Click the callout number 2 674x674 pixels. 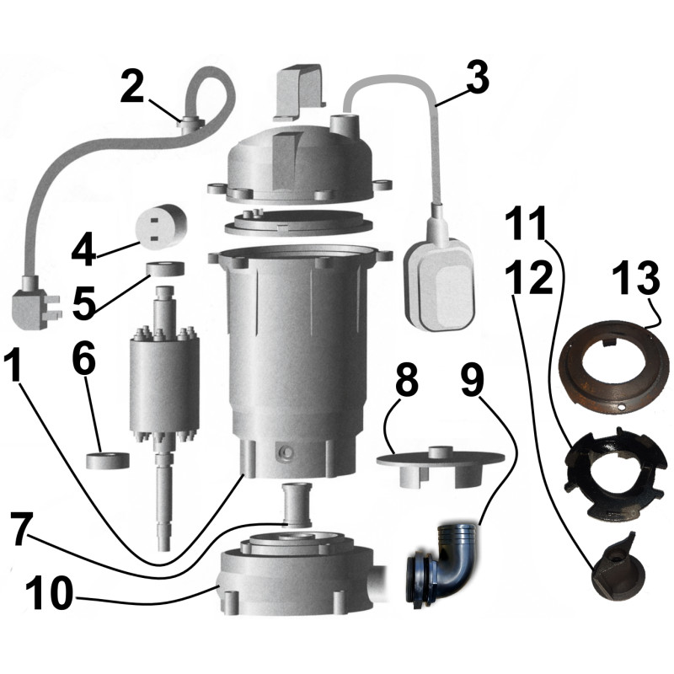click(132, 87)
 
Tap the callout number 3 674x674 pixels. click(477, 78)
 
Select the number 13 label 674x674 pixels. click(636, 278)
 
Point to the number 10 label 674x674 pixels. click(50, 593)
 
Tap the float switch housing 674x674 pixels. click(440, 285)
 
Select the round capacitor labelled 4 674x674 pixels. click(161, 225)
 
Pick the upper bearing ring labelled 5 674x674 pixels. click(165, 268)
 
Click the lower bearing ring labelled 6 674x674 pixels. click(108, 460)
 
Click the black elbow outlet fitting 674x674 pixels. click(443, 563)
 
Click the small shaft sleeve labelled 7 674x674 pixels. click(296, 504)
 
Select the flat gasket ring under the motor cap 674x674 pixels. click(298, 222)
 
